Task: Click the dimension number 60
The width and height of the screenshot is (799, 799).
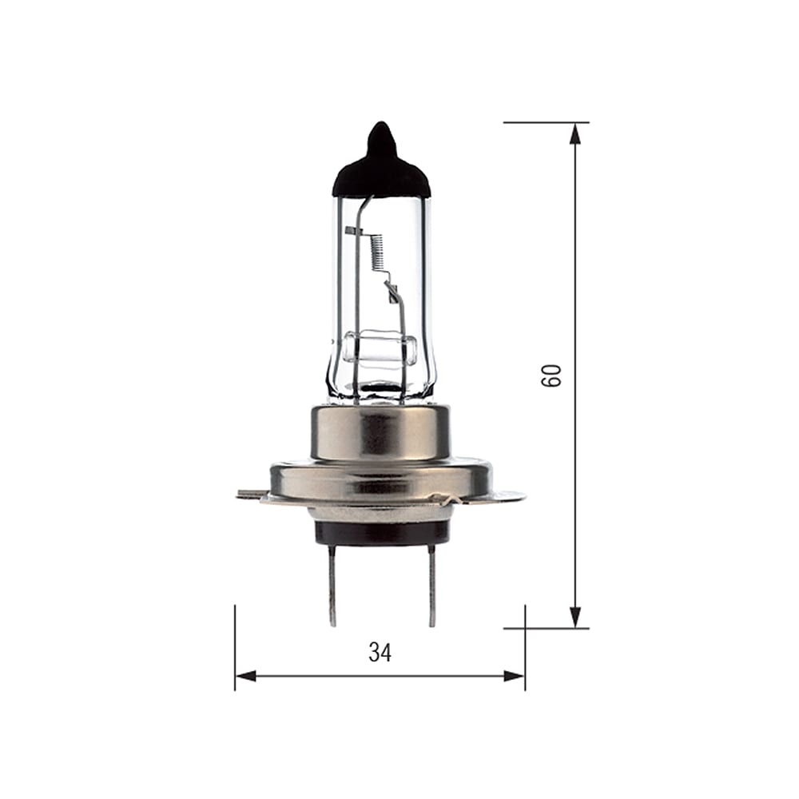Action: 551,375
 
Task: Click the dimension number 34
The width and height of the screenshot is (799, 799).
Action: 380,653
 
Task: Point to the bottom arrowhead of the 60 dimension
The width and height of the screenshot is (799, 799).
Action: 574,617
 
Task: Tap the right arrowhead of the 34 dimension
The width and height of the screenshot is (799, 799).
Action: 515,676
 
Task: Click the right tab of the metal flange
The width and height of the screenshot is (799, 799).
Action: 511,496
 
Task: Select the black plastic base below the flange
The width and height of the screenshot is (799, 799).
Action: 382,532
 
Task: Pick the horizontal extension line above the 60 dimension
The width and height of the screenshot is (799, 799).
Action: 543,122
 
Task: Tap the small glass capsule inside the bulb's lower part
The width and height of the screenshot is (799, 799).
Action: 380,350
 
